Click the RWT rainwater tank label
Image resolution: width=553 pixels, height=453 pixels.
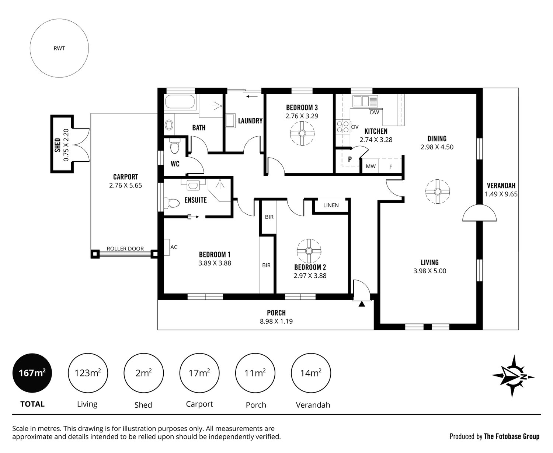pyautogui.click(x=59, y=48)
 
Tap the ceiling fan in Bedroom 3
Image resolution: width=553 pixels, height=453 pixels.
pyautogui.click(x=302, y=133)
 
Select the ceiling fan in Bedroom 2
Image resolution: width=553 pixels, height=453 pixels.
pyautogui.click(x=309, y=251)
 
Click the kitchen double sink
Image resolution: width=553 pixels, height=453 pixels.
pyautogui.click(x=365, y=101)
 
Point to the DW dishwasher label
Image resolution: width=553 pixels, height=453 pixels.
pyautogui.click(x=375, y=112)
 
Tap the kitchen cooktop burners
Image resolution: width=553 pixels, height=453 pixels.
pyautogui.click(x=343, y=127)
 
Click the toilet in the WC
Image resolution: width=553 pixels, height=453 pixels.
pyautogui.click(x=174, y=146)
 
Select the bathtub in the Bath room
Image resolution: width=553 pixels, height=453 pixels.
pyautogui.click(x=180, y=101)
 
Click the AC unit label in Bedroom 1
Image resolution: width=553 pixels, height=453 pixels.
pyautogui.click(x=174, y=247)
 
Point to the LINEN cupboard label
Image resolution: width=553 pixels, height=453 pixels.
pyautogui.click(x=331, y=205)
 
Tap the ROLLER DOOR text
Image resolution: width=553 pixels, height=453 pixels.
pyautogui.click(x=125, y=248)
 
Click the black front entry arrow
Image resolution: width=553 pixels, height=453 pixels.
pyautogui.click(x=362, y=304)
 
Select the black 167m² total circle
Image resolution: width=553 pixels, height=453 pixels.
pyautogui.click(x=32, y=373)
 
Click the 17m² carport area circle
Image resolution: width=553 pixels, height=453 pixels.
pyautogui.click(x=199, y=373)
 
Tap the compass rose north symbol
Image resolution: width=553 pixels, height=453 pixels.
pyautogui.click(x=513, y=377)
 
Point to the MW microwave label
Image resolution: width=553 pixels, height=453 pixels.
pyautogui.click(x=371, y=166)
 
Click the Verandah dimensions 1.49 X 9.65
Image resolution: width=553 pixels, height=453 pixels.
pyautogui.click(x=501, y=194)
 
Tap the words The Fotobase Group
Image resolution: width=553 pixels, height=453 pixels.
pyautogui.click(x=512, y=436)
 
